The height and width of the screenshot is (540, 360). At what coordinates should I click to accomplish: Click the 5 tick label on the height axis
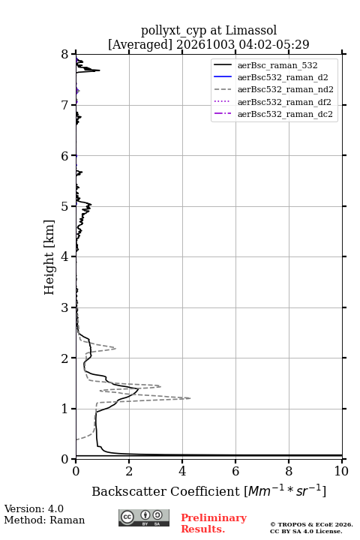pyautogui.click(x=65, y=206)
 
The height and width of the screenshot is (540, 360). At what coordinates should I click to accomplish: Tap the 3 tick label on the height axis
pyautogui.click(x=65, y=307)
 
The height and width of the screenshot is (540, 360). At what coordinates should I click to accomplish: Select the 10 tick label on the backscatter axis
pyautogui.click(x=341, y=471)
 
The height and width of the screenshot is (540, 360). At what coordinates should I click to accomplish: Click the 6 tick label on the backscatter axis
pyautogui.click(x=235, y=471)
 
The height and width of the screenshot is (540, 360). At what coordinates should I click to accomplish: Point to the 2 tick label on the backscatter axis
pyautogui.click(x=129, y=471)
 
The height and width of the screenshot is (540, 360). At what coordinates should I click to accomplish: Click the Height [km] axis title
pyautogui.click(x=49, y=257)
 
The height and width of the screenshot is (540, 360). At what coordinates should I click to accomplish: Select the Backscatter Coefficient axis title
pyautogui.click(x=208, y=491)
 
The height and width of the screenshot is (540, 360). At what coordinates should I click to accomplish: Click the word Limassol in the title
pyautogui.click(x=251, y=30)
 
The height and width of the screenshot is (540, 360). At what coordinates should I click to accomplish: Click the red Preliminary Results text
pyautogui.click(x=214, y=523)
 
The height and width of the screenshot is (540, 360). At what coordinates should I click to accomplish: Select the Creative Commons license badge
pyautogui.click(x=144, y=518)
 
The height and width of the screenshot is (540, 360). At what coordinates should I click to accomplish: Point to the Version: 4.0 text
pyautogui.click(x=34, y=508)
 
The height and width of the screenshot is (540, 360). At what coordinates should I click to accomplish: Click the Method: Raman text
pyautogui.click(x=44, y=520)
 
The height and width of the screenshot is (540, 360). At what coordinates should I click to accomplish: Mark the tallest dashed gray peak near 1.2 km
pyautogui.click(x=190, y=398)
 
